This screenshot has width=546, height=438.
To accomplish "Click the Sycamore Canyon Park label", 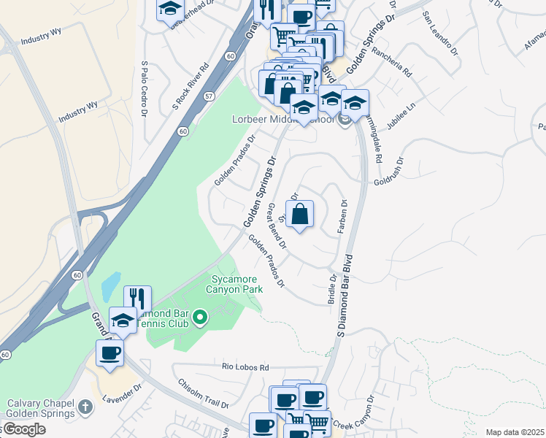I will click(x=236, y=284).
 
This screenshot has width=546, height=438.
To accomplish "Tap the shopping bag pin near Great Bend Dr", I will click(x=299, y=215).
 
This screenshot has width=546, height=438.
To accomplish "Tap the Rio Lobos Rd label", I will click(x=246, y=367).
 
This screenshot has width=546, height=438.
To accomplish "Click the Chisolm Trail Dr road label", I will click(x=204, y=393).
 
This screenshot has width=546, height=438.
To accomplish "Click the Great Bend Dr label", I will click(x=277, y=226).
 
